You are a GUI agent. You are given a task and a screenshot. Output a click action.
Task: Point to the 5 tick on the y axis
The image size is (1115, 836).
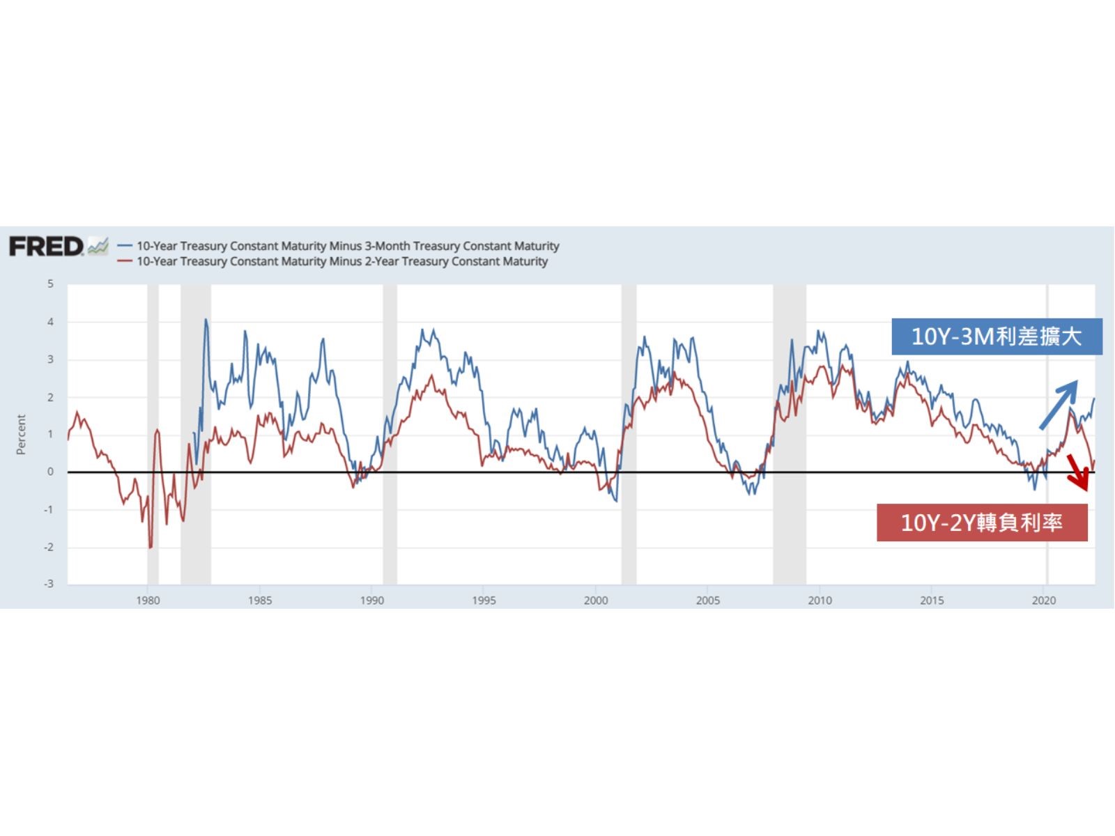coord(50,284)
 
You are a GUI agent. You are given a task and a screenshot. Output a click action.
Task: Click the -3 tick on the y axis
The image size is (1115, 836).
coord(48,584)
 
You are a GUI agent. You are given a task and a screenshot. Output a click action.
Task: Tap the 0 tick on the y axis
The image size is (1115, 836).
coord(50,472)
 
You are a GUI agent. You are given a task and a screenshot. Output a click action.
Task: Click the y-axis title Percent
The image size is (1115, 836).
coord(21,434)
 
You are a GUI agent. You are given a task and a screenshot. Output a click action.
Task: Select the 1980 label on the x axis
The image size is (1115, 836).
coord(148,601)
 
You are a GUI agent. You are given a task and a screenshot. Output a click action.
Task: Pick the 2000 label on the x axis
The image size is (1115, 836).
coord(596,601)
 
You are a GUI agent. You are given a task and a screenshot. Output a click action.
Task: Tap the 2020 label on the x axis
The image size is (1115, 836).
coord(1044,601)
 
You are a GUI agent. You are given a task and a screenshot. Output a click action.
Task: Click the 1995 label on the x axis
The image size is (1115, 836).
coord(484,601)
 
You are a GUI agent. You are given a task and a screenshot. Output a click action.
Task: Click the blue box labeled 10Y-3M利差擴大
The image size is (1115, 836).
coord(997,336)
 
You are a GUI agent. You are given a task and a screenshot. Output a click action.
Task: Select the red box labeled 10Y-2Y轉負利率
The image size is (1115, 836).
coord(982,522)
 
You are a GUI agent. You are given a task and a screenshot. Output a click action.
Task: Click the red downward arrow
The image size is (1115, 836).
coord(1078,473)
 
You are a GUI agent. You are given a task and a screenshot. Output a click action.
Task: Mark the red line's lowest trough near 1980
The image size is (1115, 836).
coord(150,548)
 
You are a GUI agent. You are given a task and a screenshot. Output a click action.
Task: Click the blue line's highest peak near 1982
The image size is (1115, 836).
coord(206,320)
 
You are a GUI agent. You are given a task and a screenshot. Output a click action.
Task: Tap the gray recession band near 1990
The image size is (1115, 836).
coord(390,432)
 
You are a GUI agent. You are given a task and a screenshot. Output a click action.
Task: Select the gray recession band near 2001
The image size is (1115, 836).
coord(629,432)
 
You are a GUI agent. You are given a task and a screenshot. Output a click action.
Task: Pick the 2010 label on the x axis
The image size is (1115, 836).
coord(820,601)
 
